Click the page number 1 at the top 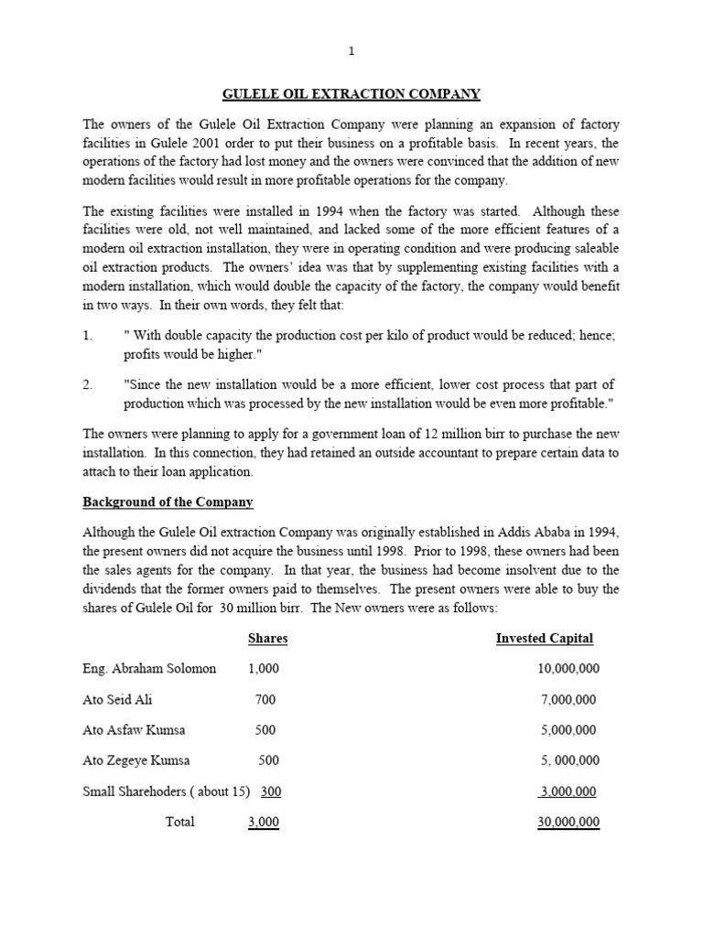tap(351, 51)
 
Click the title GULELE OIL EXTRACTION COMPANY tap(351, 93)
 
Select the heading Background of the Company tap(168, 502)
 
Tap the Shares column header tap(267, 638)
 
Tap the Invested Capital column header tap(544, 638)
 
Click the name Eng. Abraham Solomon tap(149, 669)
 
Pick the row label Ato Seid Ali tap(117, 700)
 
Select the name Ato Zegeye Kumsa tap(135, 760)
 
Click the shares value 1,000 tap(264, 669)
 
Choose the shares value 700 tap(265, 700)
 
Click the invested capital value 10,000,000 tap(568, 669)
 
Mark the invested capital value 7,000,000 tap(568, 700)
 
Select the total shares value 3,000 tap(264, 822)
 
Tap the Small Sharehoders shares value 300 tap(271, 792)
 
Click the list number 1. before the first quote tap(88, 336)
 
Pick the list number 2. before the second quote tap(88, 384)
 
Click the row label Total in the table tap(179, 822)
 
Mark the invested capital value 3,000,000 tap(568, 792)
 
